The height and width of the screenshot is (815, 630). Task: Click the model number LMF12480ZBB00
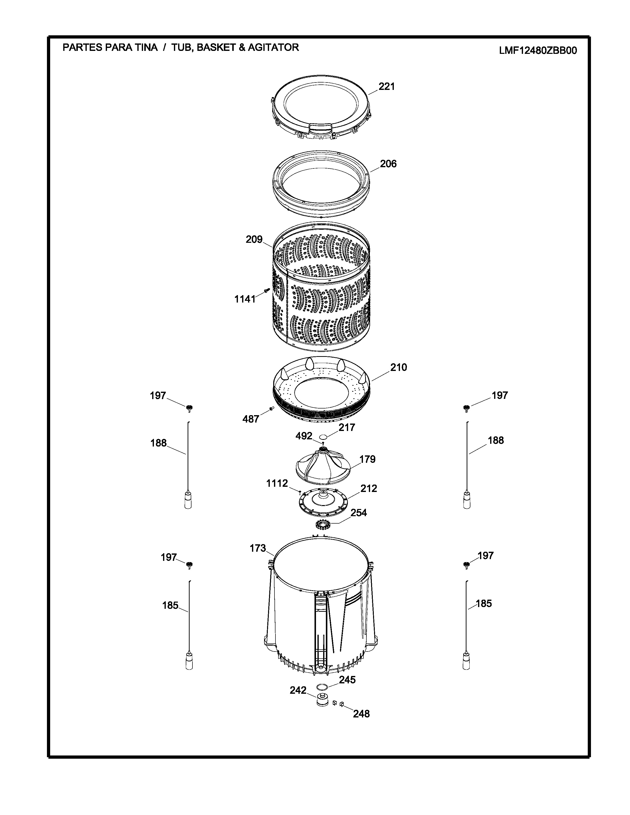coord(538,50)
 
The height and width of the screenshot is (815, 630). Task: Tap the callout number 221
coord(387,87)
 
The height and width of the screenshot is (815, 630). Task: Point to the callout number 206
coord(388,164)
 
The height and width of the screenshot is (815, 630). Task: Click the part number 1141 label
coord(245,299)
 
